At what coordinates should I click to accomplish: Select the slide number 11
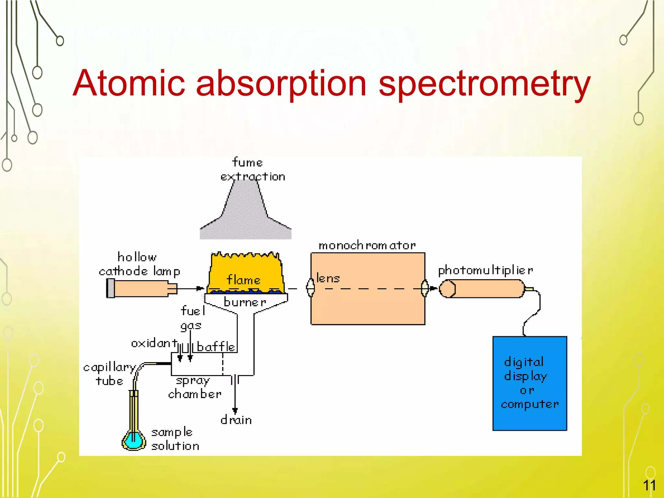coord(649,485)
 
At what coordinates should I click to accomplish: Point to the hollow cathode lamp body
coord(141,289)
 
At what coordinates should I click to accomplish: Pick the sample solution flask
coord(133,439)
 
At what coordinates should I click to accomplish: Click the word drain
coord(236,420)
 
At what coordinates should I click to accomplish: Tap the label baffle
coord(216,347)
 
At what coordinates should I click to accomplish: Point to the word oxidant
coord(154,343)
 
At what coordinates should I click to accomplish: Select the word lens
coord(328,278)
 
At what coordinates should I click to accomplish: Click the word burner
coord(245,302)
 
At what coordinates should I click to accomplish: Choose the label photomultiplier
coord(485,270)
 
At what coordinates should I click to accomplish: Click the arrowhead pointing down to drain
coord(235,410)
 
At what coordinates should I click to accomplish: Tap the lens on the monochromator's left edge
coord(311,288)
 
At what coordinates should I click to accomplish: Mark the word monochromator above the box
coord(367,245)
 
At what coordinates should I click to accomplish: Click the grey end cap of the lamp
coord(111,288)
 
